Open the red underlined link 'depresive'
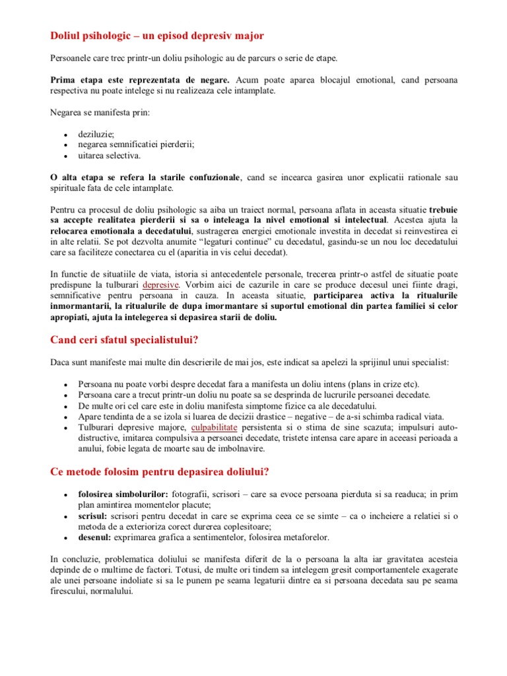click(160, 285)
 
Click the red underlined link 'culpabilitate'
click(216, 428)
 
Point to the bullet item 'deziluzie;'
click(96, 134)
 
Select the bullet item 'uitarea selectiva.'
click(109, 156)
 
